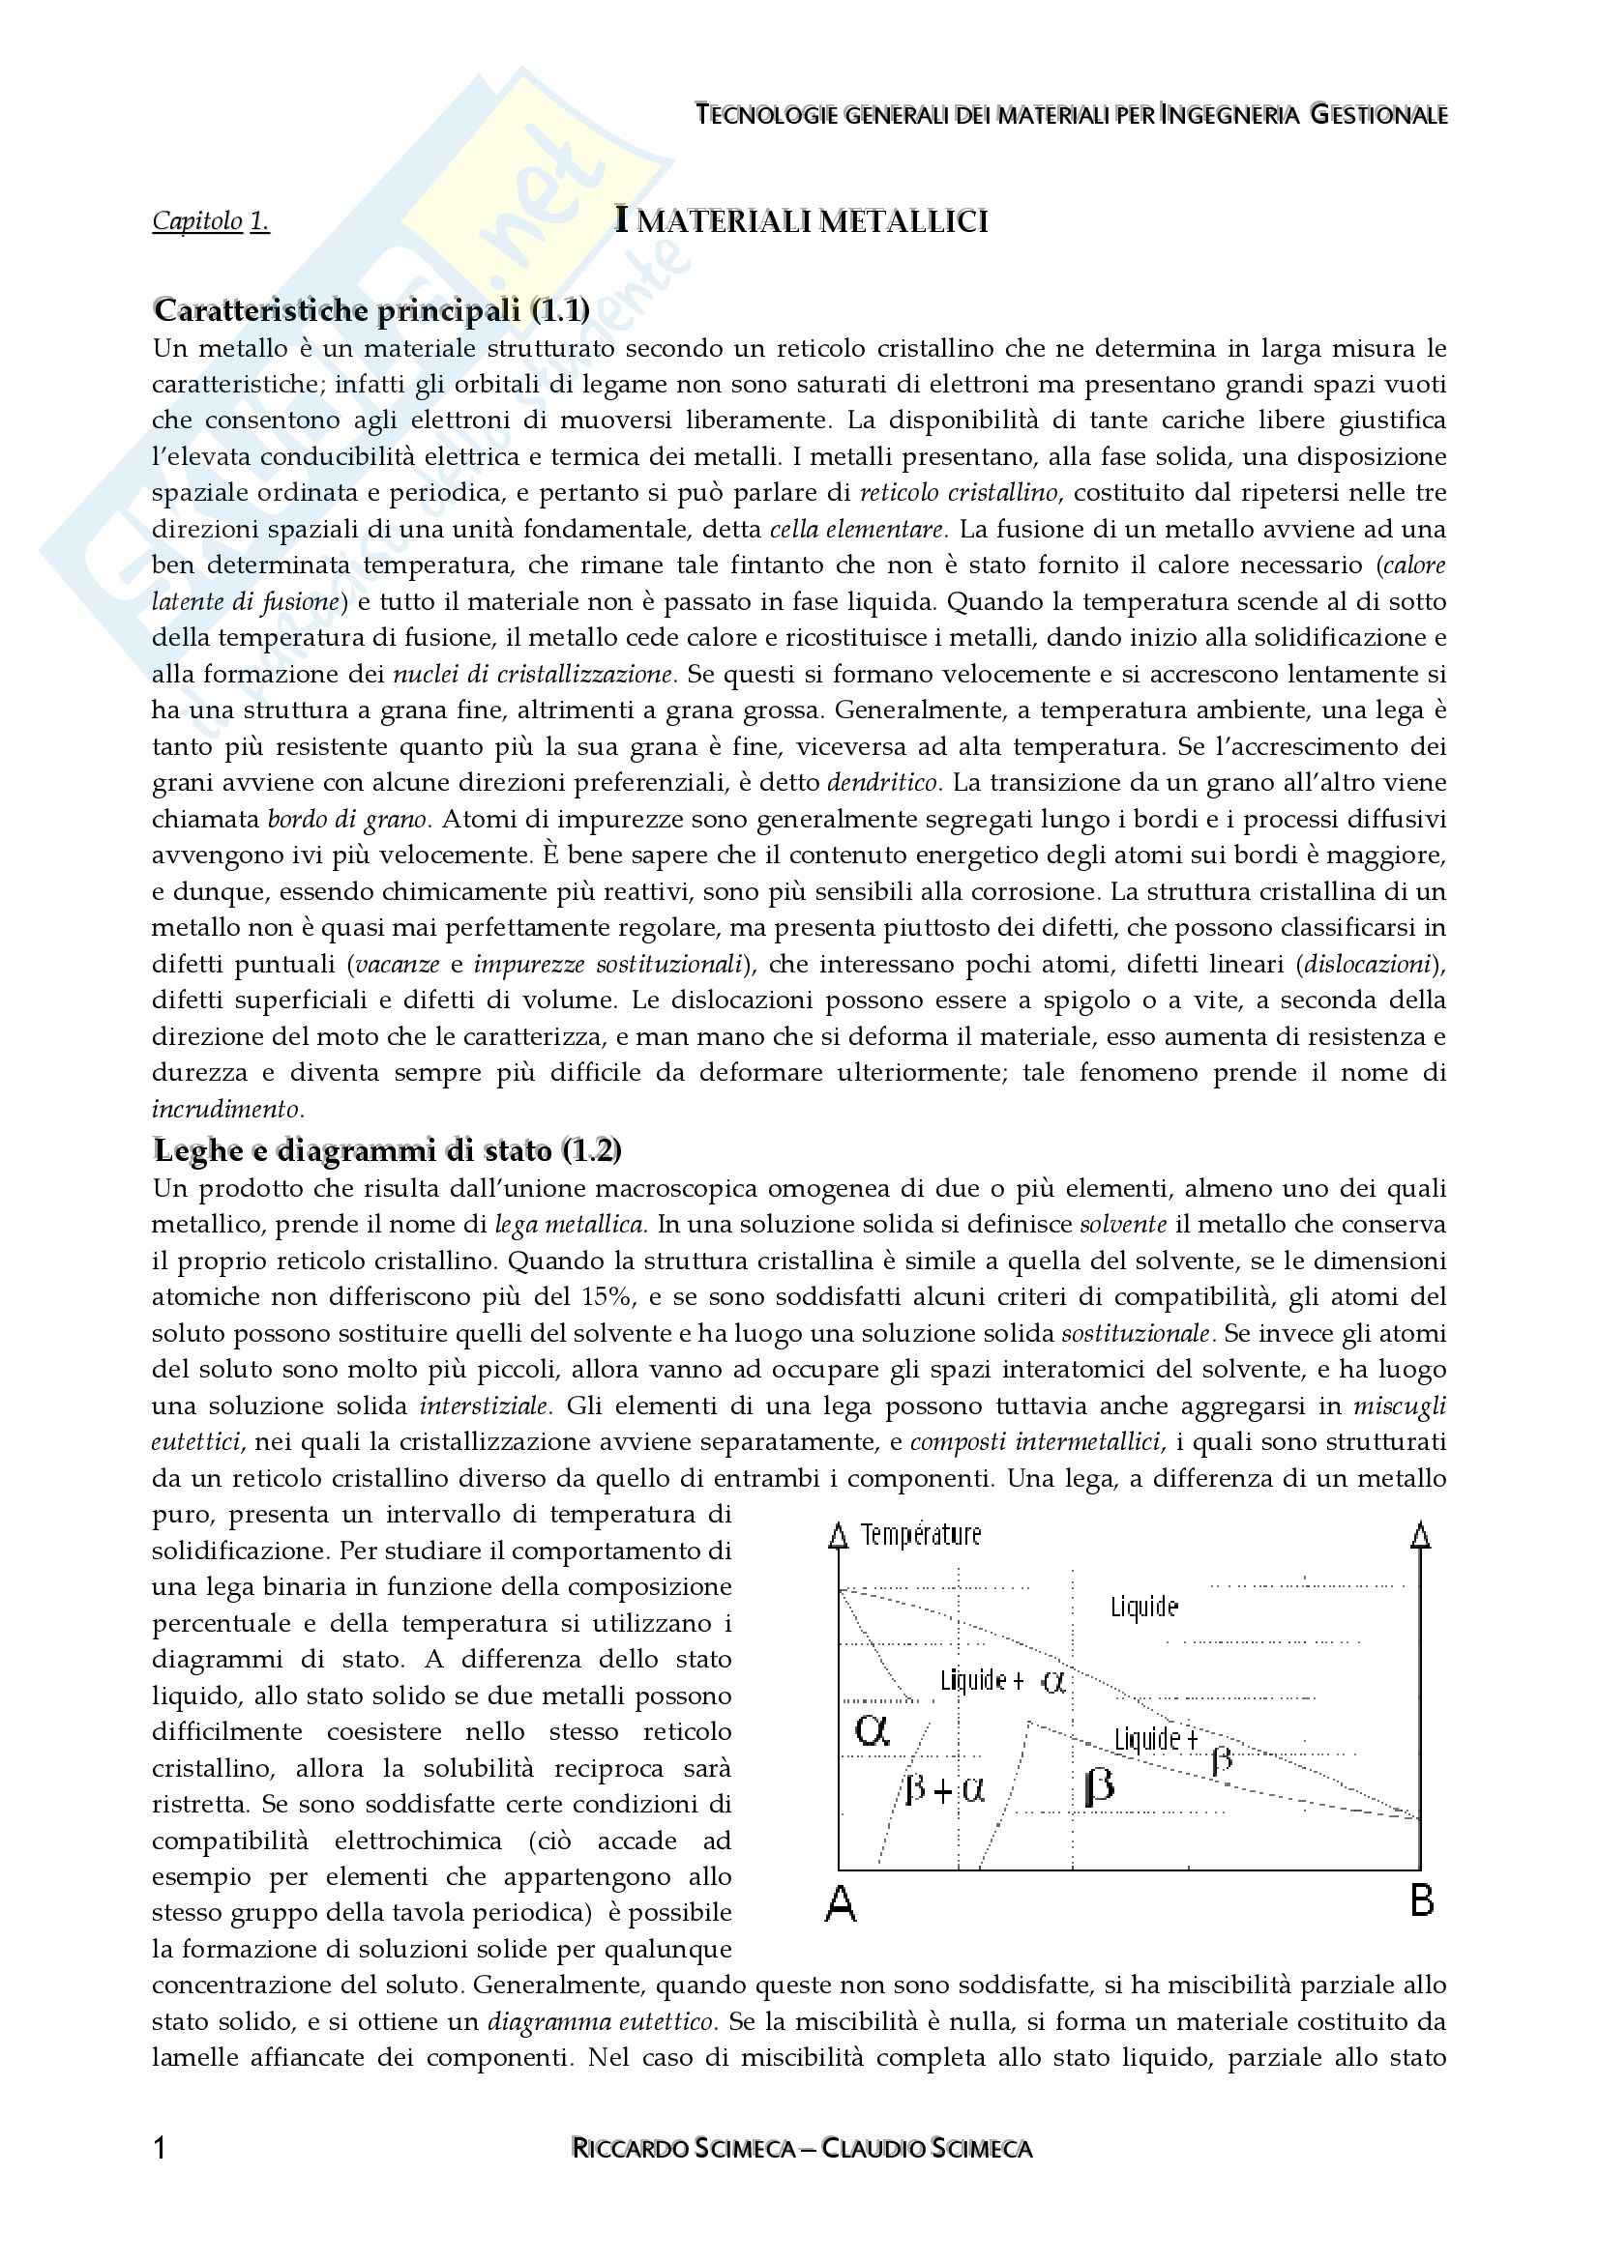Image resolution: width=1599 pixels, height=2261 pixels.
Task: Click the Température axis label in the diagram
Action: tap(920, 1534)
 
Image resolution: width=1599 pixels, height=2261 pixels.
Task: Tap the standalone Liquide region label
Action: tap(1143, 1608)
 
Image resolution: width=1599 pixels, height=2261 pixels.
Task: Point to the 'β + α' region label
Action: tap(944, 1789)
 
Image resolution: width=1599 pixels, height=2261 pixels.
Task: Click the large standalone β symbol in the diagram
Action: tap(1099, 1785)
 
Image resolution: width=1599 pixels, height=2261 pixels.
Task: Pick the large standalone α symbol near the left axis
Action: tap(873, 1728)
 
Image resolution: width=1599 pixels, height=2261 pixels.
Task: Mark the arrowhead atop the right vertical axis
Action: tap(1421, 1535)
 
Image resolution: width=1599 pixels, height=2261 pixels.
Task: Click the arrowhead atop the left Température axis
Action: tap(839, 1535)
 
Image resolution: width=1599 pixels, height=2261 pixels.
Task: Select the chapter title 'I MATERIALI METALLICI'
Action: tap(801, 220)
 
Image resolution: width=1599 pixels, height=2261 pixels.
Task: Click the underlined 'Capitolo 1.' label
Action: tap(211, 221)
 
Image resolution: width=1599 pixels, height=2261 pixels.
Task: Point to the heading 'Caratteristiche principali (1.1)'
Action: tap(371, 310)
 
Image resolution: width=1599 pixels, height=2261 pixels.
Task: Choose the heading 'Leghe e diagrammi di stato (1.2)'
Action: tap(387, 1149)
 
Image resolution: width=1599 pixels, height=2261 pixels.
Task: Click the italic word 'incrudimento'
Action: tap(226, 1109)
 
